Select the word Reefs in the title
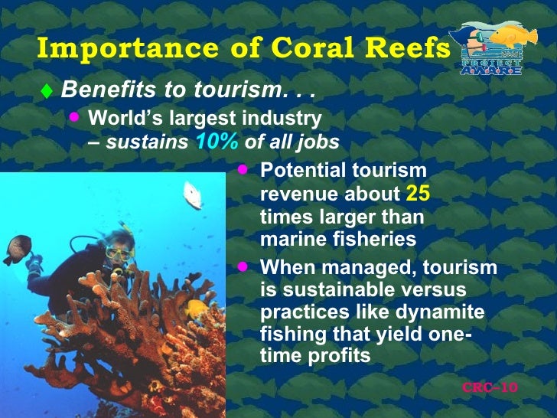tap(408, 48)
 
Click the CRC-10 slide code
tap(490, 387)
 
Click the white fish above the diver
tap(193, 194)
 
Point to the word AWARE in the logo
tap(490, 70)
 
